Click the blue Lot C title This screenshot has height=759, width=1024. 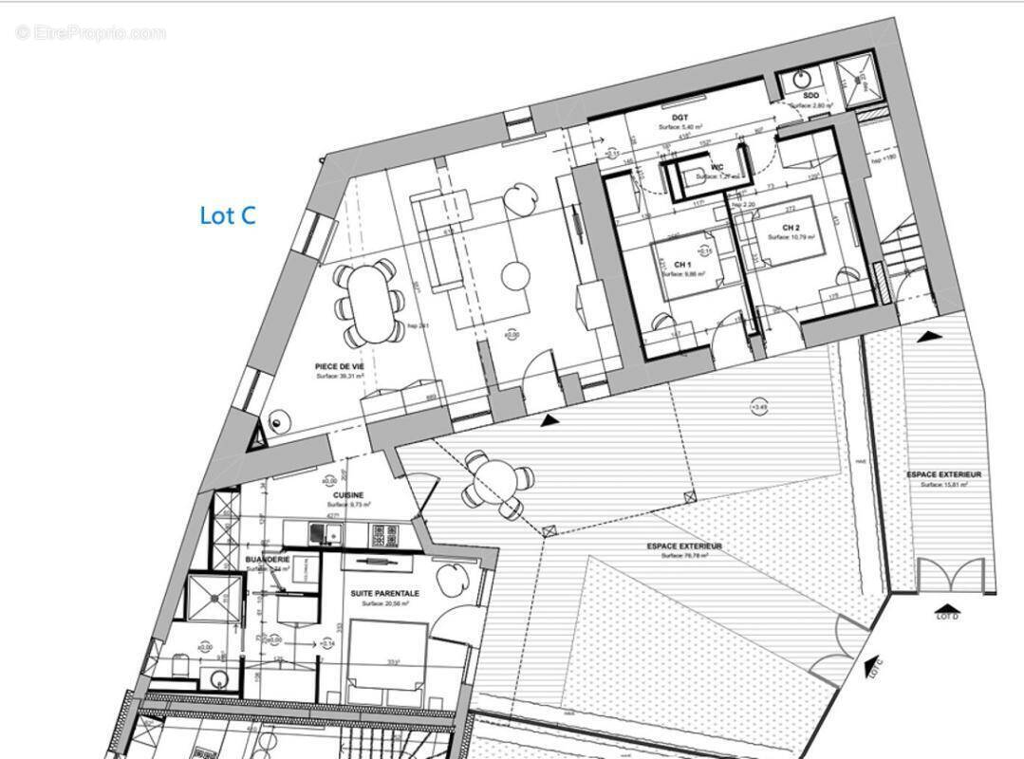pos(228,215)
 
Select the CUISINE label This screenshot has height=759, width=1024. pos(349,495)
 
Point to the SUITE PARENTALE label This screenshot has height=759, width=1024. pos(384,593)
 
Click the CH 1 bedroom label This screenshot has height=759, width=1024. pos(682,264)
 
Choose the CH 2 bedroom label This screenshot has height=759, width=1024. pos(791,228)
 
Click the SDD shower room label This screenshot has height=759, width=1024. pos(810,96)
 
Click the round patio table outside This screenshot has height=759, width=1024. pos(493,483)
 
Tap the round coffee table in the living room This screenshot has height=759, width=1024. pos(515,276)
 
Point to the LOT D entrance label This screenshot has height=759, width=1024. pos(948,617)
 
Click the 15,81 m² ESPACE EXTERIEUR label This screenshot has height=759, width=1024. pos(943,474)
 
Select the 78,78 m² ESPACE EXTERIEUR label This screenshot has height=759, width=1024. pos(684,546)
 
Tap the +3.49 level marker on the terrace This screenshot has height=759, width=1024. pos(758,408)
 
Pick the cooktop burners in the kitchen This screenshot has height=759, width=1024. pos(385,536)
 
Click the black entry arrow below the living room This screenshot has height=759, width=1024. pos(549,419)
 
